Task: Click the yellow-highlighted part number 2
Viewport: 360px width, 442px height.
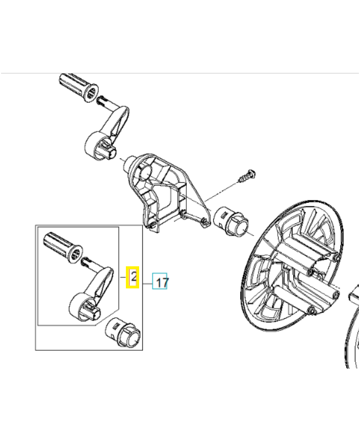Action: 133,277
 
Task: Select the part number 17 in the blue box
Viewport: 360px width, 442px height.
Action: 161,283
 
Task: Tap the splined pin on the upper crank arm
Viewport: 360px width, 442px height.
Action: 103,101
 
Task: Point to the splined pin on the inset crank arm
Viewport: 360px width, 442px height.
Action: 87,259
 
